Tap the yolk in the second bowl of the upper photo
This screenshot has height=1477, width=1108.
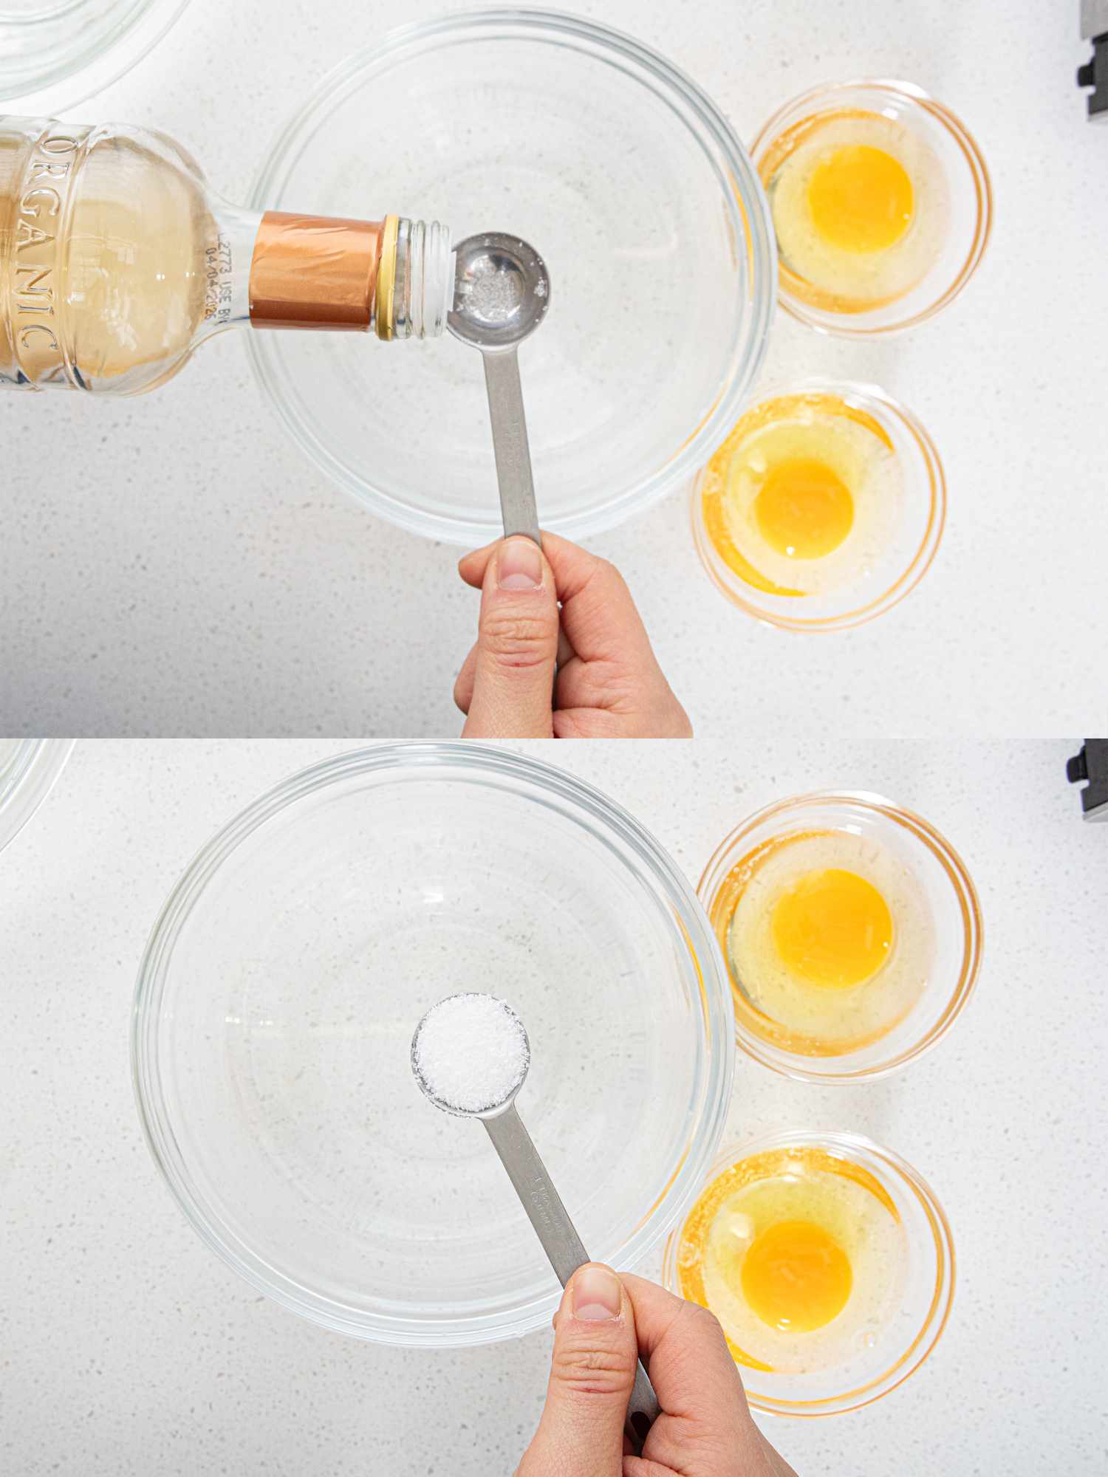(804, 507)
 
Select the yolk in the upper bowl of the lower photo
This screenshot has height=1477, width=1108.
(832, 927)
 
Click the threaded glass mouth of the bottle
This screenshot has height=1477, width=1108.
(425, 276)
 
